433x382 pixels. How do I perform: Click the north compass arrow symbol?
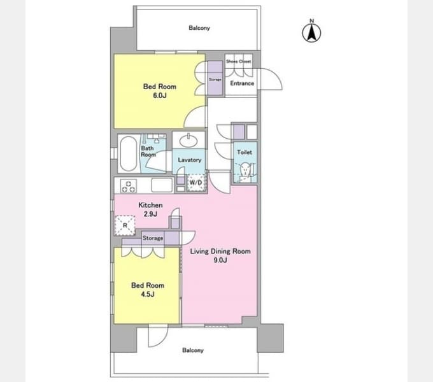point(311,32)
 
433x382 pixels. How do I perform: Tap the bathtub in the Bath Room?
point(129,153)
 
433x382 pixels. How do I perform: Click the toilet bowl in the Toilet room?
point(245,169)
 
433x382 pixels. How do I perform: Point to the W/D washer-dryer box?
point(197,183)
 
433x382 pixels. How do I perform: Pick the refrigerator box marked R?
point(125,225)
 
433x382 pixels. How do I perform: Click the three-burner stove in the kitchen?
point(129,186)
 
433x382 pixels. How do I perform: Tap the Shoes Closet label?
point(239,61)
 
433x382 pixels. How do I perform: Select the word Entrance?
point(242,83)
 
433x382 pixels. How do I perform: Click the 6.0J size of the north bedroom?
point(160,95)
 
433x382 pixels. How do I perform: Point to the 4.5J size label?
point(148,294)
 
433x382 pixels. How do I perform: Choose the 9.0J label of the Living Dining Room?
point(220,260)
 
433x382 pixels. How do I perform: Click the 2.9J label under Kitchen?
point(150,214)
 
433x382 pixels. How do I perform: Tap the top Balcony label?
point(199,28)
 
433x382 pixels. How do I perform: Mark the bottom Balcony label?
point(193,350)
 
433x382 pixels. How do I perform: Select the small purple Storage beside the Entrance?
point(215,78)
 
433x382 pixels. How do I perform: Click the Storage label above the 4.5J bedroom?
point(153,238)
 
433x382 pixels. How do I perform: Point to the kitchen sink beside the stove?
point(162,185)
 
